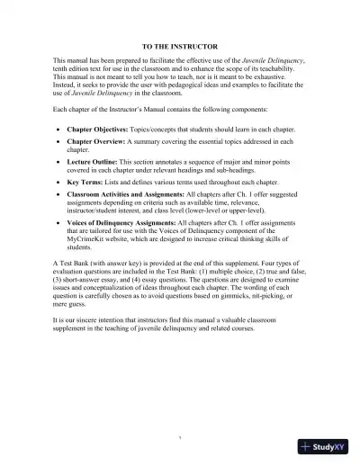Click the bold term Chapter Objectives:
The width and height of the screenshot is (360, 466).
96,130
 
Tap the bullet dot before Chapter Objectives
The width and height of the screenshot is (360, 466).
58,130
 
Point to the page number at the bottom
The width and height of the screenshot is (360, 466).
180,437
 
